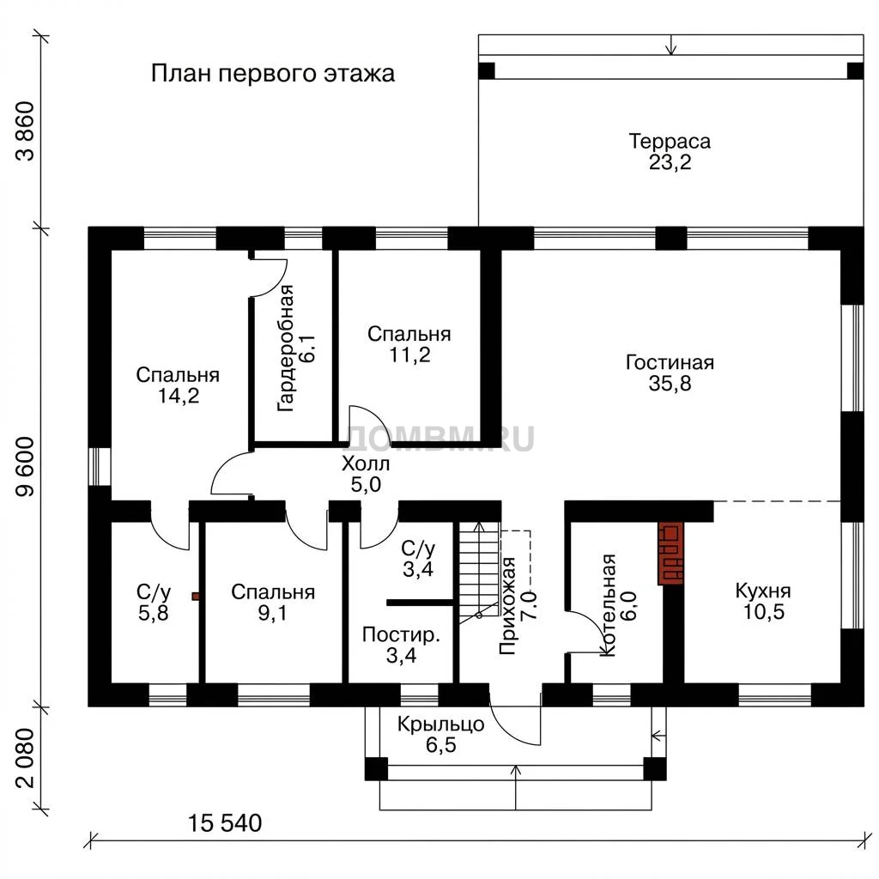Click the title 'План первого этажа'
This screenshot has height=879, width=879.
(x=273, y=74)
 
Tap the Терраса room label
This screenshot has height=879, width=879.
(x=670, y=142)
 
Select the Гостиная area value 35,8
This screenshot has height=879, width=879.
(x=670, y=384)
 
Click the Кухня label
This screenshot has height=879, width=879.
(x=763, y=591)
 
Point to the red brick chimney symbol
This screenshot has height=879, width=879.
(x=670, y=554)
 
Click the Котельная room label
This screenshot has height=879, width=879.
(x=609, y=605)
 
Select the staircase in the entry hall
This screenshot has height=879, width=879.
(x=479, y=573)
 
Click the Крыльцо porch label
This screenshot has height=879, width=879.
(x=440, y=724)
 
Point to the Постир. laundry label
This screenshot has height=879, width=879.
(x=402, y=635)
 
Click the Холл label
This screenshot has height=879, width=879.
(x=366, y=464)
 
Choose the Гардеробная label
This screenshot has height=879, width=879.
(x=286, y=349)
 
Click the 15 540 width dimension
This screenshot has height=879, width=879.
(x=224, y=823)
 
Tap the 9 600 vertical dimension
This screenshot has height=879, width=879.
(x=25, y=467)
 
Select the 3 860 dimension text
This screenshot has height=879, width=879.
(x=25, y=131)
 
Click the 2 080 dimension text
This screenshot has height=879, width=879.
(x=25, y=758)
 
